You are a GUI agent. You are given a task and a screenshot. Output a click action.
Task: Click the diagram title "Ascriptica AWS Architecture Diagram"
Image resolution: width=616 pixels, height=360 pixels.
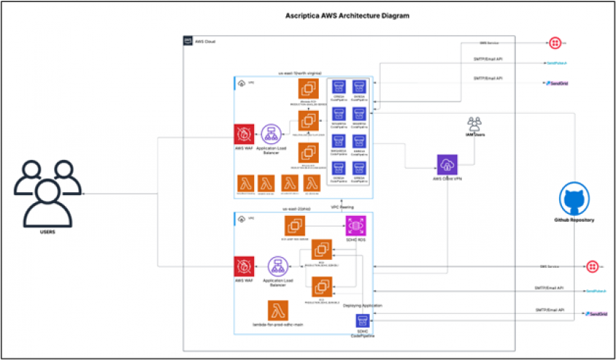coord(352,15)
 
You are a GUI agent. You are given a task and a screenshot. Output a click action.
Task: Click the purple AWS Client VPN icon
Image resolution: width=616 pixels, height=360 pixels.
coord(448,164)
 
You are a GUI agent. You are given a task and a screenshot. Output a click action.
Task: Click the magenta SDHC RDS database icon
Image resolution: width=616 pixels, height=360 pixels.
coord(353,225)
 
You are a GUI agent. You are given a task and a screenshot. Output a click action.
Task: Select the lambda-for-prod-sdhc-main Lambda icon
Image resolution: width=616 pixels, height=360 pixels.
coord(278,311)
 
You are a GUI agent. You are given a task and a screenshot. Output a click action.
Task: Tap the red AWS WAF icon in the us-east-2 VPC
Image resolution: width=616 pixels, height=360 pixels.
coord(245,266)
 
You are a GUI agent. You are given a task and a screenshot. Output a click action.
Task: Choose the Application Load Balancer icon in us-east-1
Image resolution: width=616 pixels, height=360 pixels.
coord(271,134)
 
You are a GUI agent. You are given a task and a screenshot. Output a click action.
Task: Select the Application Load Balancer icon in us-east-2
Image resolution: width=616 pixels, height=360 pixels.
coord(278,266)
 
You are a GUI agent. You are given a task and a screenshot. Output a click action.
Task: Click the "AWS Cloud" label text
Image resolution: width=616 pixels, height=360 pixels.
coord(207,42)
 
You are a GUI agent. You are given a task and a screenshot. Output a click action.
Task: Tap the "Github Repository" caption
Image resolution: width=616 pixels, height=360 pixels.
coord(574,220)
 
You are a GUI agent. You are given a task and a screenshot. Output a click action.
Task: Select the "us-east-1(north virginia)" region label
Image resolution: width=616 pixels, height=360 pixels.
coord(300,73)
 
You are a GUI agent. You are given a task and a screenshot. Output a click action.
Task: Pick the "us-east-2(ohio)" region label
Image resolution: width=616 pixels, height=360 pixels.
coord(296,209)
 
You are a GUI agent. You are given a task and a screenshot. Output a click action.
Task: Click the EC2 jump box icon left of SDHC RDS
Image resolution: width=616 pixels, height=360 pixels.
coord(294,225)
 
